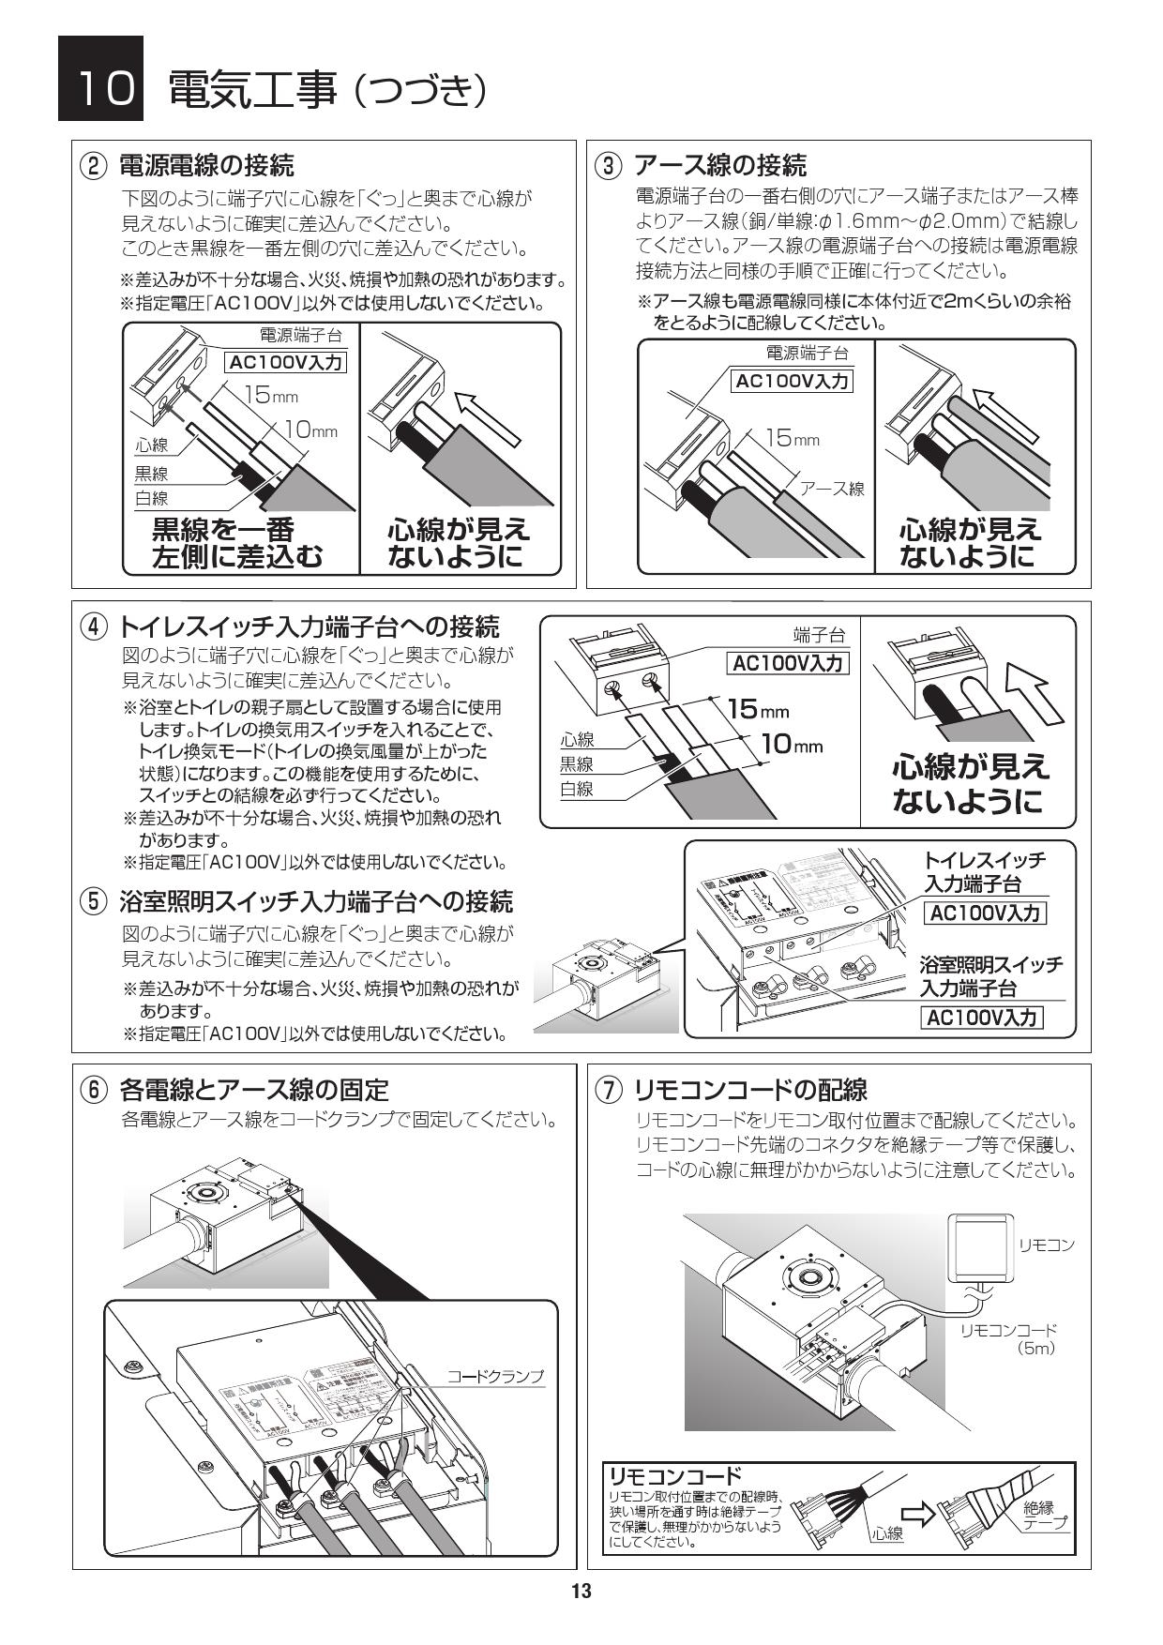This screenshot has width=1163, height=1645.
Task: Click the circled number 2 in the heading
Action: (x=92, y=167)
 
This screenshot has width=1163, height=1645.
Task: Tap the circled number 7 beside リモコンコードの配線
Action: (x=609, y=1090)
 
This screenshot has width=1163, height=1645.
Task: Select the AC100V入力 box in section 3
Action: (x=793, y=381)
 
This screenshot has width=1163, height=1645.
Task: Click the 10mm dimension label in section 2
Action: (x=310, y=430)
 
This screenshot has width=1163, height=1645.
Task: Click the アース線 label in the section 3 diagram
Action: (x=831, y=489)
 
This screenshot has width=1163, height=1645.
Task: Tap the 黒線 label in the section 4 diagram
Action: (x=577, y=764)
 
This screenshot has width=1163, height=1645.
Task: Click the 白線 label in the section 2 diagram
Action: (x=151, y=498)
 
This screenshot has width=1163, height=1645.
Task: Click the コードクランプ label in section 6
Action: (x=494, y=1377)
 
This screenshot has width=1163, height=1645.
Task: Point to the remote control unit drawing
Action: (x=982, y=1247)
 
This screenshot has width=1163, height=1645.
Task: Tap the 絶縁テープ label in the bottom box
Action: (x=1045, y=1515)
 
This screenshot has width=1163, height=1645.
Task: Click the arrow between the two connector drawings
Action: (x=918, y=1515)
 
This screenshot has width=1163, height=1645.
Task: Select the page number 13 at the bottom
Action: (x=581, y=1591)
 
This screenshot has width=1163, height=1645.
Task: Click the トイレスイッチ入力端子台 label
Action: (x=984, y=871)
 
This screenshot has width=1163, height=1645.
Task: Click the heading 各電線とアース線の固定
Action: (x=253, y=1090)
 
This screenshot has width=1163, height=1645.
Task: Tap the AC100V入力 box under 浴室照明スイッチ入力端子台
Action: (x=982, y=1018)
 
